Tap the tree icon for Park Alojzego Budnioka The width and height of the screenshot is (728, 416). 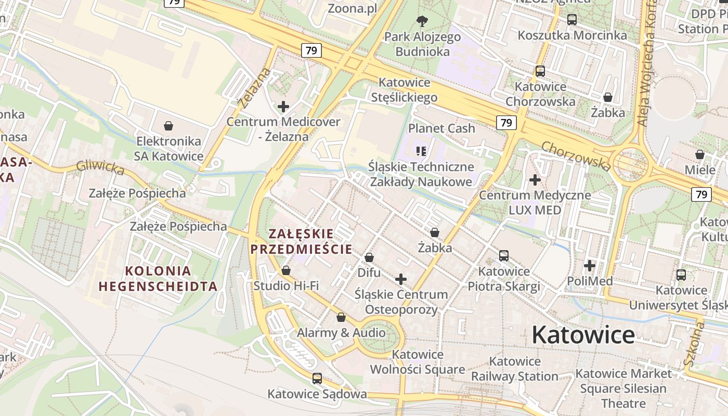click(x=422, y=21)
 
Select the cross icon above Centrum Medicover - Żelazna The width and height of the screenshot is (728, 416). click(x=283, y=107)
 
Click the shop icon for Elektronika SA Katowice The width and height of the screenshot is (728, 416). click(x=168, y=126)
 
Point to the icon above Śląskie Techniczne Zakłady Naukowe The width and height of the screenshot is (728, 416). click(x=421, y=151)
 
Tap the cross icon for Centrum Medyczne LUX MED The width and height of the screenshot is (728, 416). click(x=535, y=180)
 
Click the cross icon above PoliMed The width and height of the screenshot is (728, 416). click(x=589, y=266)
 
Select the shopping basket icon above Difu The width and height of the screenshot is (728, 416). click(x=369, y=257)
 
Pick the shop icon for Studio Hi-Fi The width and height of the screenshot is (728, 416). click(x=285, y=270)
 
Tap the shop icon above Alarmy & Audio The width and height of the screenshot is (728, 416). click(x=341, y=317)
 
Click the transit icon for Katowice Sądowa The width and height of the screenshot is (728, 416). click(x=317, y=379)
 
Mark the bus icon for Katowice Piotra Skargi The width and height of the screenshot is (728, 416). click(x=503, y=256)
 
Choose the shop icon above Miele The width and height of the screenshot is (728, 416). click(x=700, y=154)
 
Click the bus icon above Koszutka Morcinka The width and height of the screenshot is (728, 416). click(x=572, y=20)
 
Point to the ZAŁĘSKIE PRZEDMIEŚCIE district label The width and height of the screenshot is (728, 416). click(x=302, y=241)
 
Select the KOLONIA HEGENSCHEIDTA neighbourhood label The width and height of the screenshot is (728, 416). click(x=158, y=278)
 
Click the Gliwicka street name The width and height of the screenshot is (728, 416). click(x=100, y=167)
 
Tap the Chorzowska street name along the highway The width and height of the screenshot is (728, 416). click(x=576, y=155)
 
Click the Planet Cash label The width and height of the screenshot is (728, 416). click(x=441, y=128)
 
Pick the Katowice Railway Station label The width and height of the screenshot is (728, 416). click(x=515, y=369)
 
